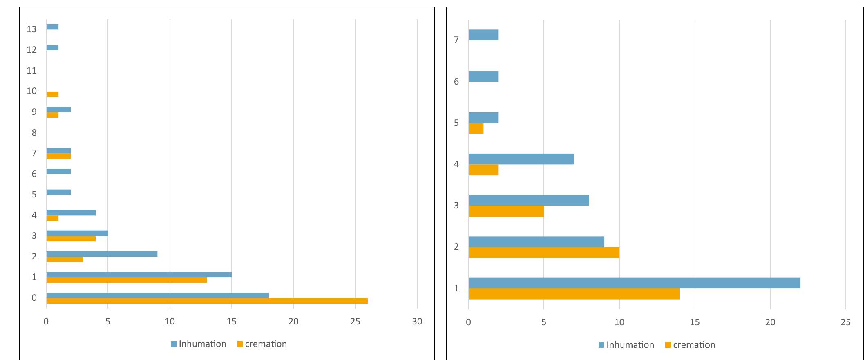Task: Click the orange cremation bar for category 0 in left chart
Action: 207,301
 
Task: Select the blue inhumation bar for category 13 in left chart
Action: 52,27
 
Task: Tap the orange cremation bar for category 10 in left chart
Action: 52,94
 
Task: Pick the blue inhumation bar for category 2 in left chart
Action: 102,254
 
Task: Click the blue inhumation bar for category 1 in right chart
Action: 634,283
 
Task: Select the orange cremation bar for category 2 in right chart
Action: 544,253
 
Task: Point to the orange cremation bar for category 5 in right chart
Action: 476,129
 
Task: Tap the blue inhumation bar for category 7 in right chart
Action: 484,35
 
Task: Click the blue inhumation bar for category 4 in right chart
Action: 521,159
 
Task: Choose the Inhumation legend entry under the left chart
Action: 199,344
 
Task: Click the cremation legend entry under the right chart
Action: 691,345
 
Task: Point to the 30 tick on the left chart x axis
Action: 417,322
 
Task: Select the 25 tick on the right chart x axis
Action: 845,322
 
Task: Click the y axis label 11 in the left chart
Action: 31,70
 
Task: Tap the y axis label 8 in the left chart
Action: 34,132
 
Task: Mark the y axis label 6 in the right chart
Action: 456,81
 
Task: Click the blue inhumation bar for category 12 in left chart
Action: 52,48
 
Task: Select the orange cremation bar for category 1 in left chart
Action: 126,280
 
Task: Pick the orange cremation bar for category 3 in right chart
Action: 506,211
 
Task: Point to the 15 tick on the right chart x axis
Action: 695,322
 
